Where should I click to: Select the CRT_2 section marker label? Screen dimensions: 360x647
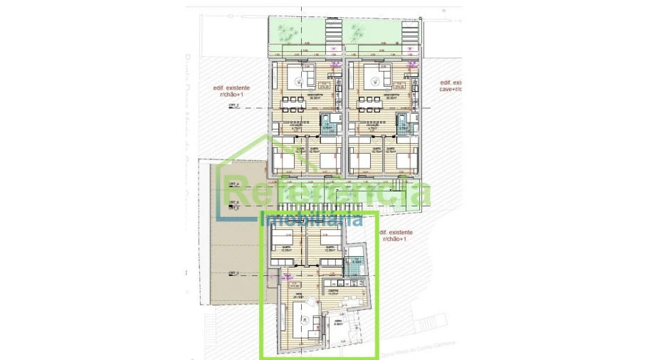(233, 105)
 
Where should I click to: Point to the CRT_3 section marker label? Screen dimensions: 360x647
(233, 272)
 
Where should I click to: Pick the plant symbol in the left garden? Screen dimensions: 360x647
(287, 31)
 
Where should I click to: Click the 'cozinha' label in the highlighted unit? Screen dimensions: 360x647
(332, 290)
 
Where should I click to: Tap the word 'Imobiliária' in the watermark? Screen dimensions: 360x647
(312, 220)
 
